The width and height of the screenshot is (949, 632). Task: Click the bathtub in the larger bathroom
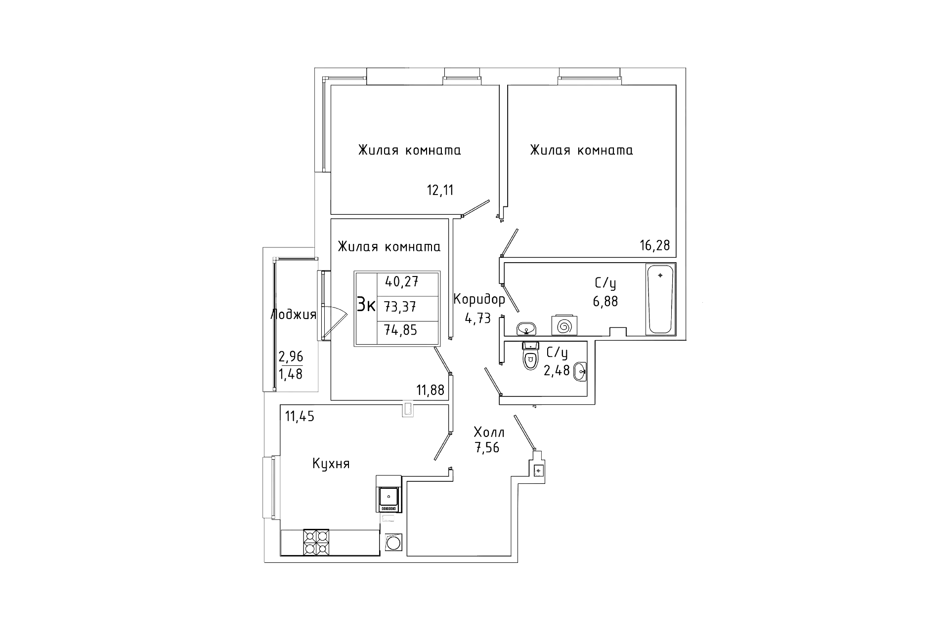point(660,299)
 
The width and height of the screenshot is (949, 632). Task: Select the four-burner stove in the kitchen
point(316,542)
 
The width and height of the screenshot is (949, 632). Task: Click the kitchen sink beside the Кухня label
point(388,494)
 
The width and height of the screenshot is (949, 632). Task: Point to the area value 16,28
point(655,245)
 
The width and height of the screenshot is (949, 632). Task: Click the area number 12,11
point(440,190)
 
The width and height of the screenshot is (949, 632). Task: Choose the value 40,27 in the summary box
point(401,282)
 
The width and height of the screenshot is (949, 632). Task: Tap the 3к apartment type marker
point(366,306)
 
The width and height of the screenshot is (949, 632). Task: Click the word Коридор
point(479,299)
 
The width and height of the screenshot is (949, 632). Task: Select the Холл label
point(489,433)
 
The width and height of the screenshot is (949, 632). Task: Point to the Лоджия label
point(294,315)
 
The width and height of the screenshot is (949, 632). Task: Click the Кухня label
point(331,464)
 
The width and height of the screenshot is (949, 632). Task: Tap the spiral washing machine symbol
point(564,326)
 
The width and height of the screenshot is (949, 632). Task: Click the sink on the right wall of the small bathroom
point(580,372)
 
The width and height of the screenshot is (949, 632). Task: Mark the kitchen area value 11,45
point(300,417)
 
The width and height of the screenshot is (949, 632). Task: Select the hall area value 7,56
point(487,448)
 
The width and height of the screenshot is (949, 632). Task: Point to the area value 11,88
point(430,391)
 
